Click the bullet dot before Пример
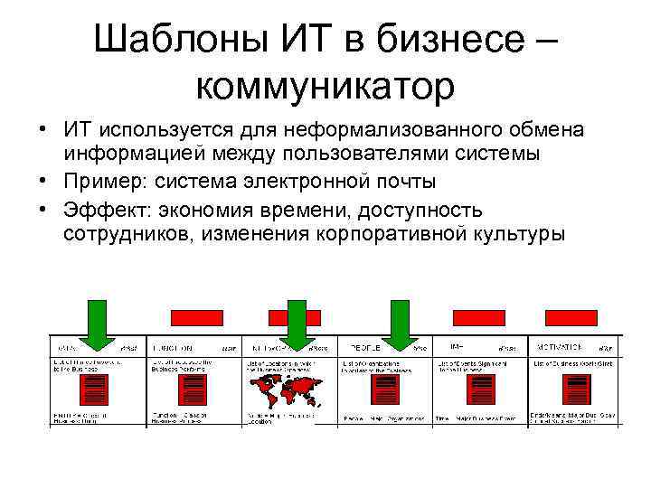click(x=43, y=181)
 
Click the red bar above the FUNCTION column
click(x=197, y=316)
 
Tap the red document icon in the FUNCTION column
click(x=187, y=389)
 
